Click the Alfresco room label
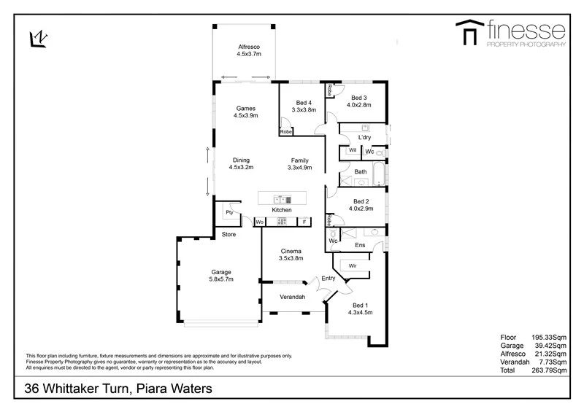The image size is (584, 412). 248,47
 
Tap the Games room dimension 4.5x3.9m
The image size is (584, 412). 245,115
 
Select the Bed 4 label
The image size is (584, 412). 305,103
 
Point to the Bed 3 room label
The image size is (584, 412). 358,98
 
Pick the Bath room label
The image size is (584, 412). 361,172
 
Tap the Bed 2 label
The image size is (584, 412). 361,201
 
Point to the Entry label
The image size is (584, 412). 328,278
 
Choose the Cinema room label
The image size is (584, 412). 291,252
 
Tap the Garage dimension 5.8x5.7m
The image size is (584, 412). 221,279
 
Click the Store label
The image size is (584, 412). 228,235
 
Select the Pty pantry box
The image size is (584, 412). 229,212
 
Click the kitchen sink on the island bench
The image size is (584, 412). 281,198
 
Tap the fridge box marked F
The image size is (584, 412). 304,222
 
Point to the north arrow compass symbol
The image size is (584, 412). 39,37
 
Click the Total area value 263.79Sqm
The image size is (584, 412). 550,370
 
